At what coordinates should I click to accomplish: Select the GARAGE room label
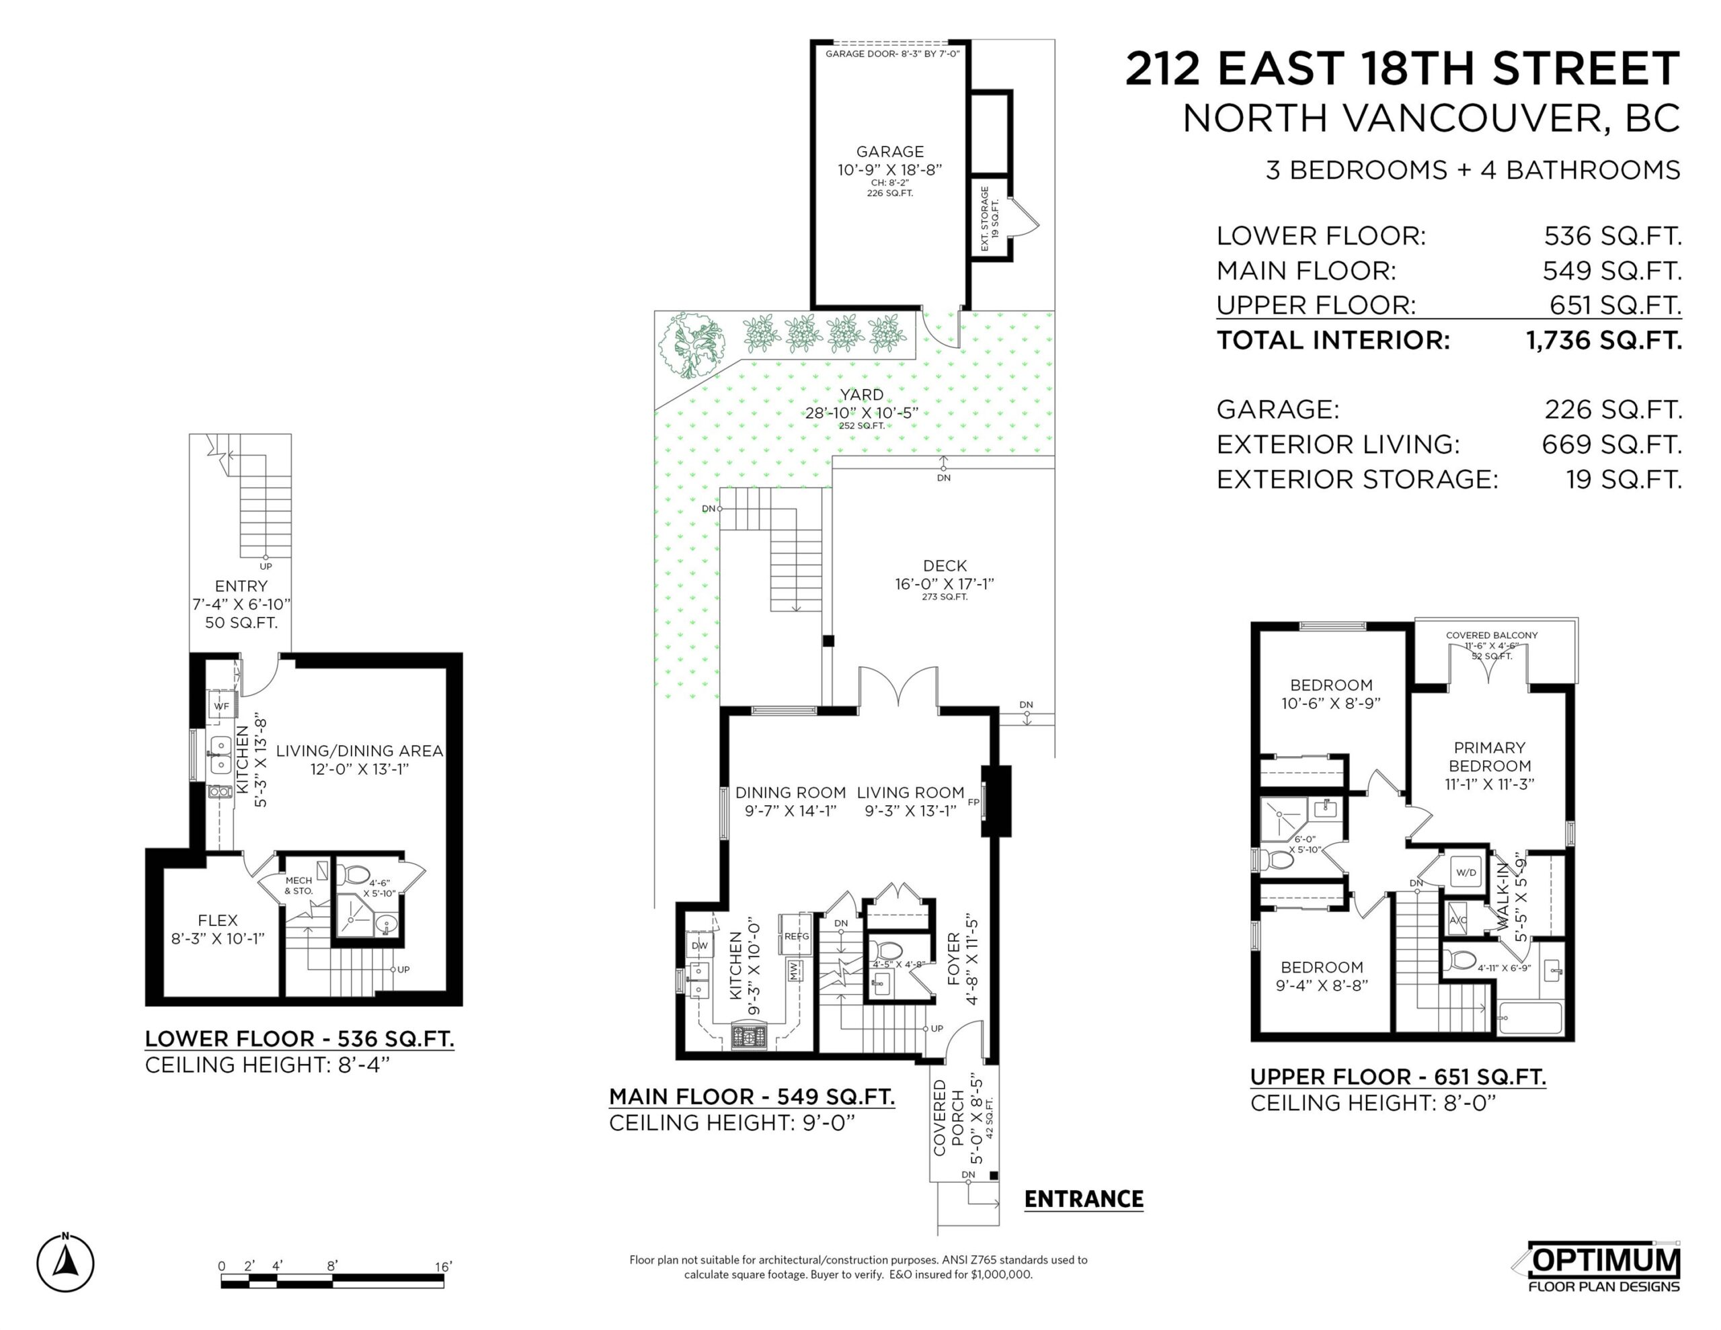coord(889,151)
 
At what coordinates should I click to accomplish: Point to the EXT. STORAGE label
coord(985,219)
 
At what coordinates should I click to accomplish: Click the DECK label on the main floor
coord(945,566)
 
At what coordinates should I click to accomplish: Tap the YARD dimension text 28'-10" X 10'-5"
coord(861,413)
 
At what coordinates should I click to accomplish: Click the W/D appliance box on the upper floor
coord(1466,872)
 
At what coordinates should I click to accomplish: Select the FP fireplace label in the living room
coord(973,802)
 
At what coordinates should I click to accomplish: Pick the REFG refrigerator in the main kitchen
coord(796,936)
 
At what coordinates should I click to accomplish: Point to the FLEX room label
coord(218,920)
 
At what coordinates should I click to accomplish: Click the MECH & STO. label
coord(298,886)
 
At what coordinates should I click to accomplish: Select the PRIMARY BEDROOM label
coord(1489,756)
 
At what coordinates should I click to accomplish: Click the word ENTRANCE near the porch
coord(1084,1199)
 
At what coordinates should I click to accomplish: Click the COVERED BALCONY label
coord(1492,635)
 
